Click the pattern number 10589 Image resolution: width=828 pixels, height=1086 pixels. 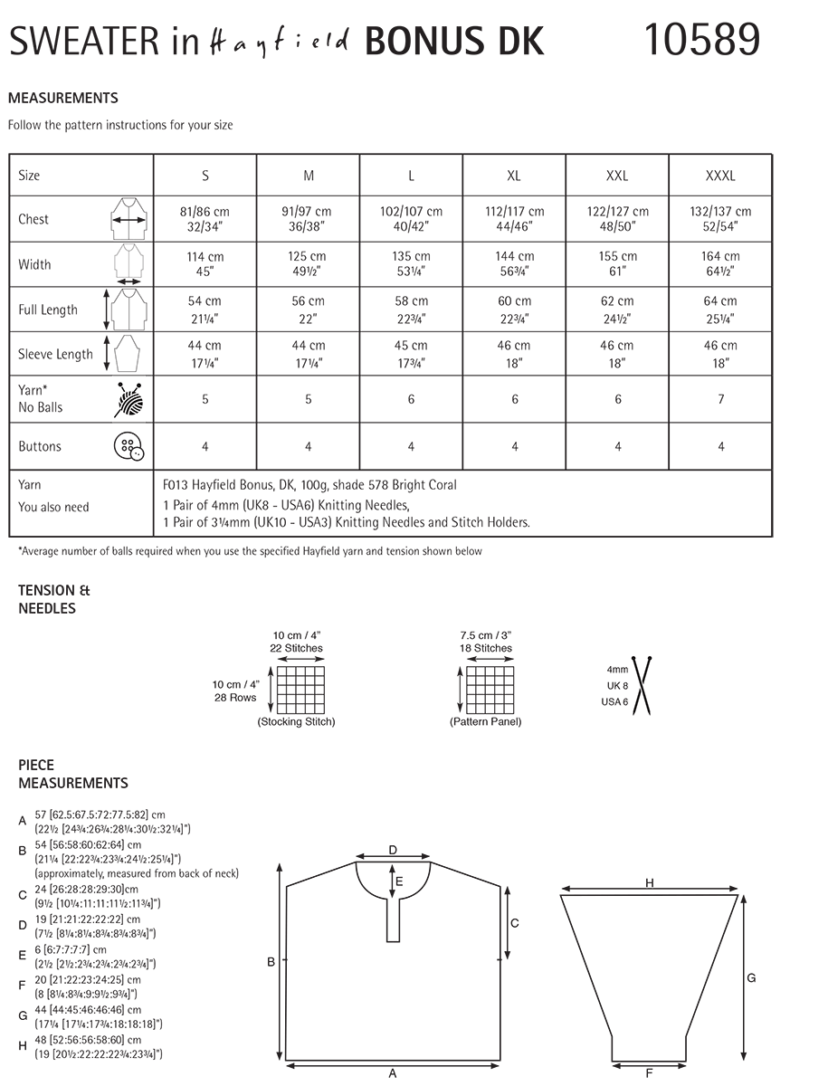coord(701,40)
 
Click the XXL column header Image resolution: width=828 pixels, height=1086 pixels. coord(617,176)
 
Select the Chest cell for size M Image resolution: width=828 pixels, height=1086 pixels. coord(309,219)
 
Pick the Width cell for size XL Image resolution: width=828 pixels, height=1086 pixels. coord(514,264)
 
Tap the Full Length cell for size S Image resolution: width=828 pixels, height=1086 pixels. coord(205,310)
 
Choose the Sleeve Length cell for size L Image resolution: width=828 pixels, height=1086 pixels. coord(411,354)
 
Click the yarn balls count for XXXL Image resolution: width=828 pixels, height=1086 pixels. coord(720,399)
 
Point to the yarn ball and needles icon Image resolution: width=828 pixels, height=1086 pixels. coord(128,399)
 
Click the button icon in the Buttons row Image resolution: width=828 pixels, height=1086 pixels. coord(128,446)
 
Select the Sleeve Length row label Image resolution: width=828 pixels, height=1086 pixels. coord(55,355)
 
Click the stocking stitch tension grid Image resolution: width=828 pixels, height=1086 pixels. coord(300,691)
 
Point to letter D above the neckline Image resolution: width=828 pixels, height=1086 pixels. coord(393,850)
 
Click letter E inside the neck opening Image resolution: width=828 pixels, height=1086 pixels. coord(399,880)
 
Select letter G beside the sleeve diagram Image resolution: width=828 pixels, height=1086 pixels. coord(751,978)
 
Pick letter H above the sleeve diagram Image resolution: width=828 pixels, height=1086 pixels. coord(650,883)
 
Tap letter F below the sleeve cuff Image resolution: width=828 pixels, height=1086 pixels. coord(650,1073)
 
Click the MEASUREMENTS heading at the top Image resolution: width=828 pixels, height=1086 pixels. coord(62,99)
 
